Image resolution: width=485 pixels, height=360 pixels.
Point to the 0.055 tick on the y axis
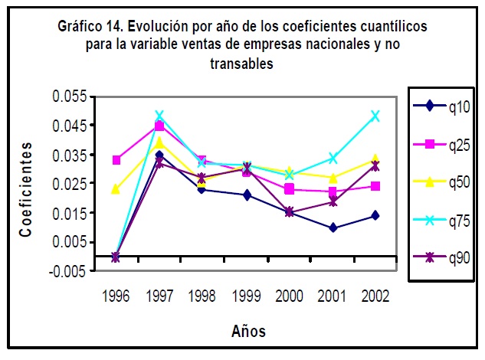70,97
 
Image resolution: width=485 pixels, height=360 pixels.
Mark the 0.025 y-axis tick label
70,183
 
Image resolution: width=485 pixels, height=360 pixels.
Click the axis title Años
248,332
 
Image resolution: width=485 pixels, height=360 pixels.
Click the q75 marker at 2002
375,116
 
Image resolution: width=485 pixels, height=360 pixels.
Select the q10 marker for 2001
333,227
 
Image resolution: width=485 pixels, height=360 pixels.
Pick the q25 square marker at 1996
116,160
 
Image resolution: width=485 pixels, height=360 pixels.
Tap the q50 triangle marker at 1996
116,188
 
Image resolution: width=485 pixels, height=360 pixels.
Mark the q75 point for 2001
333,158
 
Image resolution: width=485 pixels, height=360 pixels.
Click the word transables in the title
241,64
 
